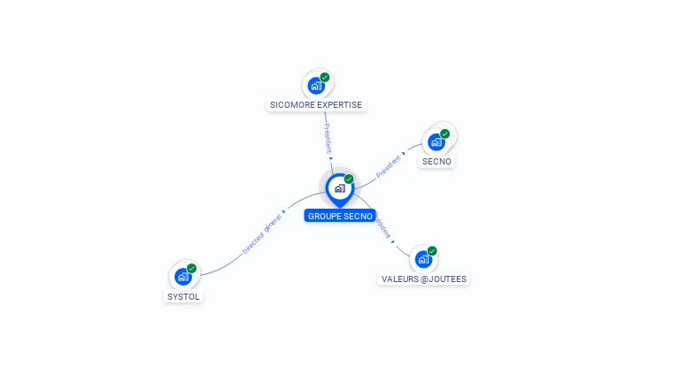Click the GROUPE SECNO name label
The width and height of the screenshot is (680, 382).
pyautogui.click(x=340, y=216)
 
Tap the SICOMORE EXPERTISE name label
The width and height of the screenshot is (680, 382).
pyautogui.click(x=316, y=104)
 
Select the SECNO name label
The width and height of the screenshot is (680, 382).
pyautogui.click(x=437, y=162)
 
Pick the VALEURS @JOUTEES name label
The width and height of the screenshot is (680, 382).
pyautogui.click(x=424, y=279)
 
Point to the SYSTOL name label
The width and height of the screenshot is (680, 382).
pyautogui.click(x=183, y=297)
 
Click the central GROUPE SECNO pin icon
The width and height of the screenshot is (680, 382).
pyautogui.click(x=338, y=188)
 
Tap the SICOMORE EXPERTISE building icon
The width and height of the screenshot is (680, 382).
pyautogui.click(x=315, y=86)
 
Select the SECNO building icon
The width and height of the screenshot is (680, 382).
pyautogui.click(x=436, y=141)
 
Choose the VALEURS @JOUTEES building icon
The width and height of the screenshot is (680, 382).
pyautogui.click(x=423, y=259)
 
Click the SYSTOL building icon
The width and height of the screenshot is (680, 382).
pyautogui.click(x=182, y=277)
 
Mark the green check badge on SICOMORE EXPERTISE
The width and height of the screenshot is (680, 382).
pyautogui.click(x=325, y=78)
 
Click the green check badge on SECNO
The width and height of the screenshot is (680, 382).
pyautogui.click(x=444, y=134)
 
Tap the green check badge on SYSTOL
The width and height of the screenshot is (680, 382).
pyautogui.click(x=191, y=269)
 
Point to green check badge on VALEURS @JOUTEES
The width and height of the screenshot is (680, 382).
pyautogui.click(x=432, y=251)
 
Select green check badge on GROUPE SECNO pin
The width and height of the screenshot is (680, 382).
pyautogui.click(x=349, y=180)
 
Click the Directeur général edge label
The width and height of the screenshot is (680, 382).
pyautogui.click(x=262, y=233)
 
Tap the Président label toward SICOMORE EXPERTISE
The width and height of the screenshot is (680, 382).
pyautogui.click(x=328, y=140)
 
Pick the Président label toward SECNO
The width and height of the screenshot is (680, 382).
pyautogui.click(x=390, y=165)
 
